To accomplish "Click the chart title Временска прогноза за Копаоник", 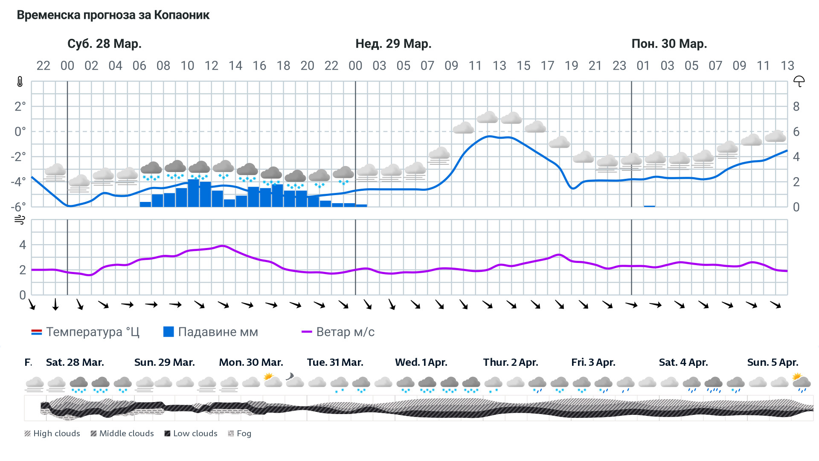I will pos(113,15).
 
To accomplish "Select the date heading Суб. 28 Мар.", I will pos(105,44).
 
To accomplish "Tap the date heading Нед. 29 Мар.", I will pos(393,44).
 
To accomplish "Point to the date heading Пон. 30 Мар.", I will pos(669,44).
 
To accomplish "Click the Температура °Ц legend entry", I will pos(85,332).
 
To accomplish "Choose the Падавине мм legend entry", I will pos(211,332).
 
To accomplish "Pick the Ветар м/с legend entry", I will pos(338,332).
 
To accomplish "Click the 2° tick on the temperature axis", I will pos(20,106).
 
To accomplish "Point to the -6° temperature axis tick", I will pos(18,207).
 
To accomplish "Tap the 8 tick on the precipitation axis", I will pos(796,106).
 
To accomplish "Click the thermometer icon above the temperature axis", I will pos(20,82).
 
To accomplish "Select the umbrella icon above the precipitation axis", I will pos(799,81).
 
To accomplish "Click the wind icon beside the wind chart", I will pos(20,220).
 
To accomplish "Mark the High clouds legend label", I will pos(52,433).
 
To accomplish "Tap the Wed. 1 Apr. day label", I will pos(421,362).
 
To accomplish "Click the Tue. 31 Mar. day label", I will pos(335,362).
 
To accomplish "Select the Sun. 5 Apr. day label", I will pos(773,362).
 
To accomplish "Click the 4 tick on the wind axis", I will pos(23,245).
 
